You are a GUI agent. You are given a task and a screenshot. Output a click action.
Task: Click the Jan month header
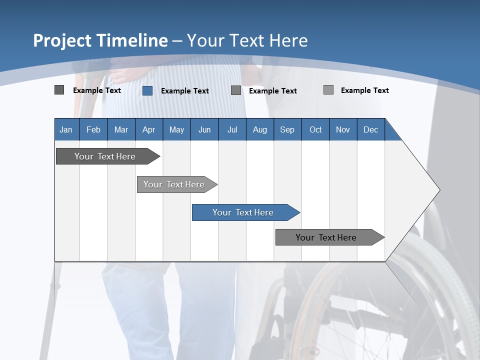click(66, 129)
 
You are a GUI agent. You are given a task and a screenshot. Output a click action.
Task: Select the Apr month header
click(148, 129)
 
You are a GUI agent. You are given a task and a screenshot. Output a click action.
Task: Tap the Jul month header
click(232, 129)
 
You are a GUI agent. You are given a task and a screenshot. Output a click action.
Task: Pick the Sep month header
click(287, 129)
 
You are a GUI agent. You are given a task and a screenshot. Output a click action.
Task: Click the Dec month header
click(370, 129)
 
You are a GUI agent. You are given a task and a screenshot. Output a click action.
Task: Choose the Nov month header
click(342, 129)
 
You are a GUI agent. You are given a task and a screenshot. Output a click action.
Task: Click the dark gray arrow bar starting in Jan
click(105, 156)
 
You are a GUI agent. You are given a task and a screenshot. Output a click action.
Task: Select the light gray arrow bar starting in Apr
click(174, 184)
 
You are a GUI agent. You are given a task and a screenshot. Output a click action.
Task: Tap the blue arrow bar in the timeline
click(243, 212)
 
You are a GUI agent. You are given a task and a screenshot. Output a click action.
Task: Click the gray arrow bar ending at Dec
click(326, 237)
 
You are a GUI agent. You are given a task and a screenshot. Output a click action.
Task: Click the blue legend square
click(147, 90)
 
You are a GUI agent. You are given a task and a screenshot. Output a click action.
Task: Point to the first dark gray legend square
click(59, 90)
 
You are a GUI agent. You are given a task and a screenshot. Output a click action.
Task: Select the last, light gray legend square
click(328, 90)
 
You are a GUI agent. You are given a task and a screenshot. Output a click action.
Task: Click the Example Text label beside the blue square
click(184, 91)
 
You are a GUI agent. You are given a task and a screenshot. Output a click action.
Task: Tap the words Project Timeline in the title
click(100, 40)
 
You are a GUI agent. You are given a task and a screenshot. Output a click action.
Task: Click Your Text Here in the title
click(247, 40)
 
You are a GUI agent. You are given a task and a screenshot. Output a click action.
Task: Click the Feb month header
click(93, 129)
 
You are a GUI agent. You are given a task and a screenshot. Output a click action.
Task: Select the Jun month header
click(204, 129)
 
